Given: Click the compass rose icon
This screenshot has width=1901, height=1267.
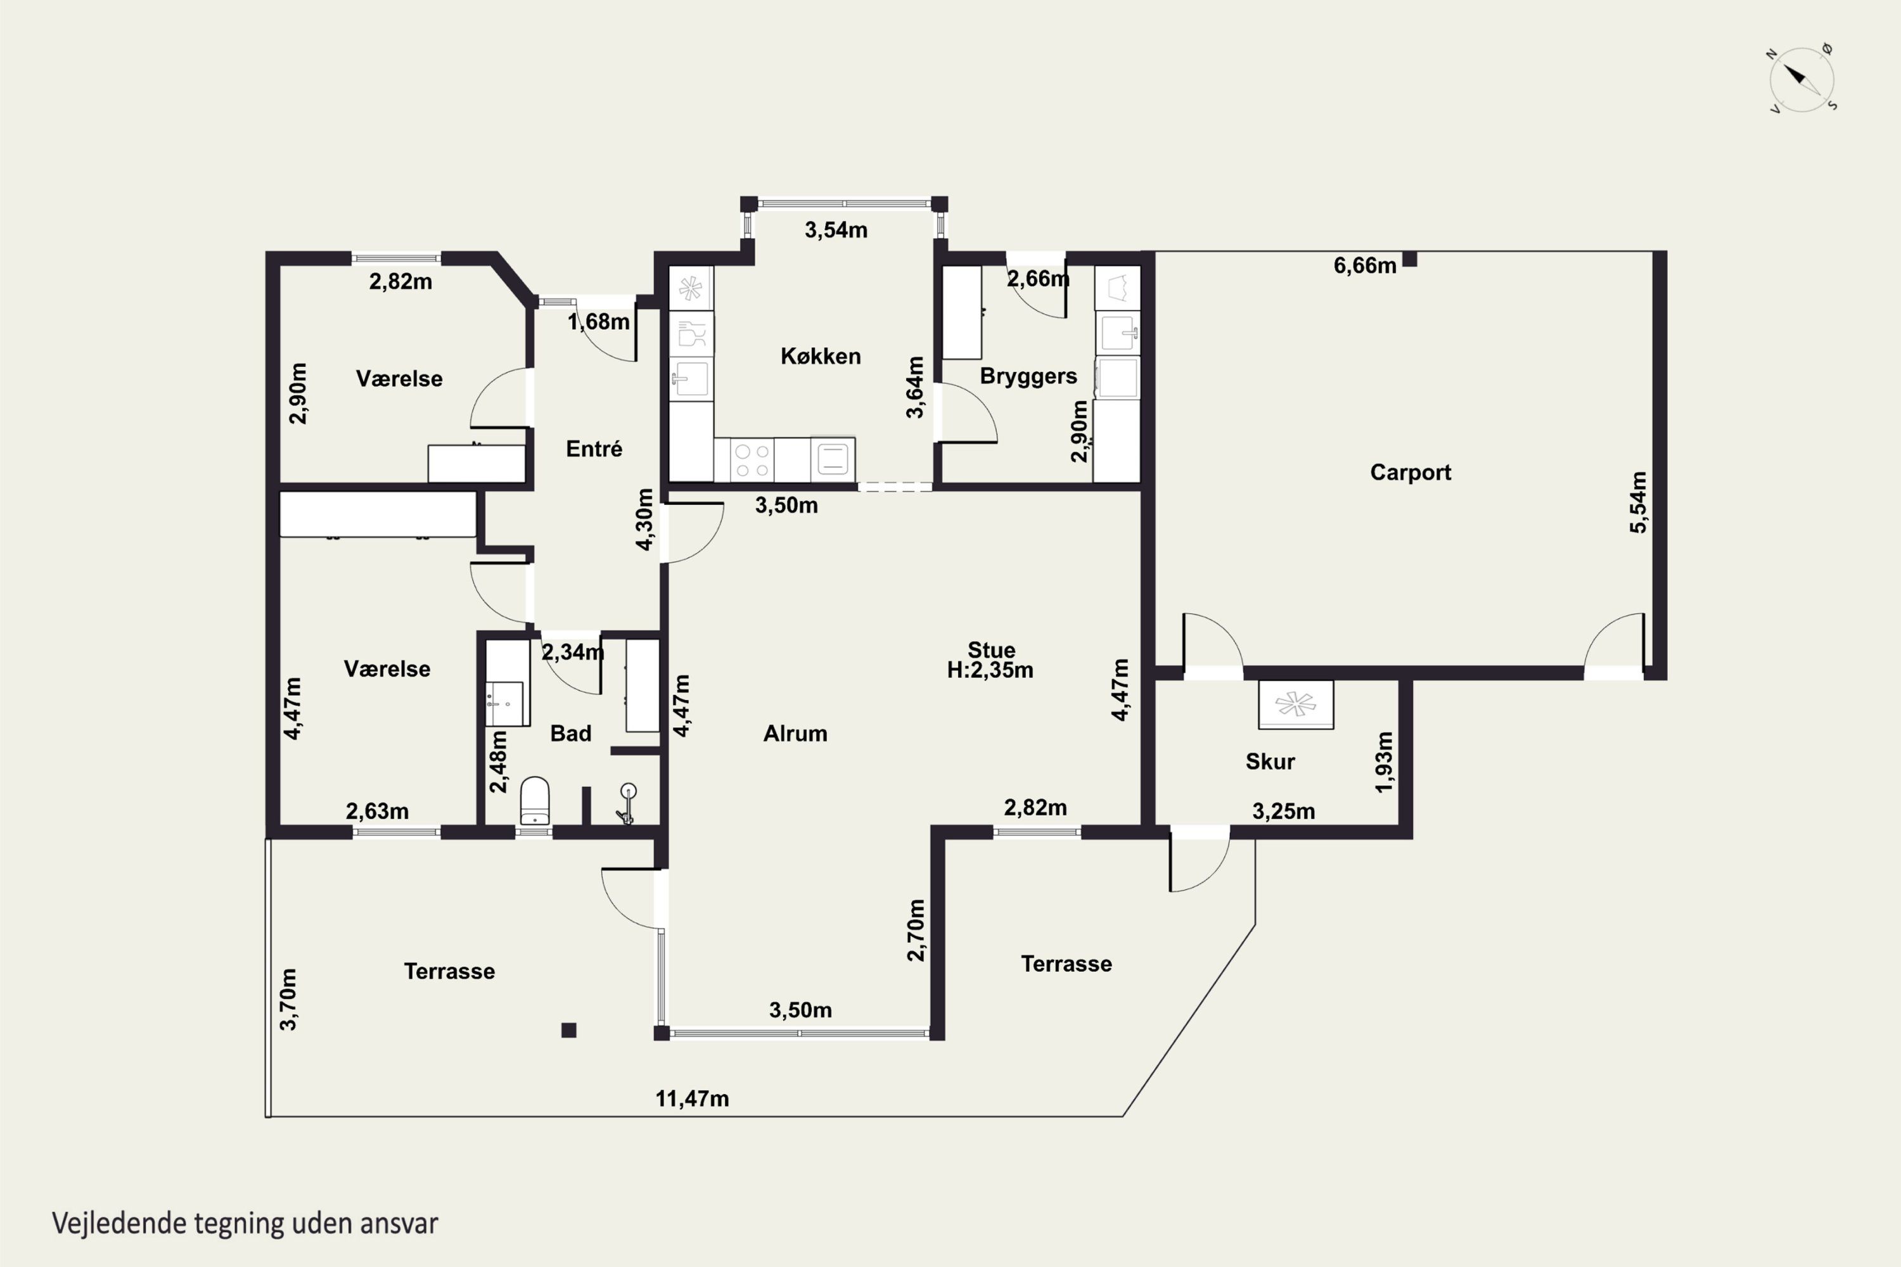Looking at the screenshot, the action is (1801, 79).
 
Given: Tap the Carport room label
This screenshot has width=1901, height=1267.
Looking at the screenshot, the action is (1411, 472).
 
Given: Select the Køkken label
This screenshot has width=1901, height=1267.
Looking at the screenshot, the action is (821, 355).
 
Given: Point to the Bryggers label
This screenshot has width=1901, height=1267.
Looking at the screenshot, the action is (1028, 376).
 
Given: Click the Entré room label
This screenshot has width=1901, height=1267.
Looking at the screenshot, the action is (594, 449).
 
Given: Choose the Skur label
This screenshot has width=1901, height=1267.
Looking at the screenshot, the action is (1270, 761).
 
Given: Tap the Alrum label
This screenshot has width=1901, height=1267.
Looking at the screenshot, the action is (795, 733).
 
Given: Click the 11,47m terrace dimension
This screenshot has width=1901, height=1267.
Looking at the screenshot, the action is (692, 1099).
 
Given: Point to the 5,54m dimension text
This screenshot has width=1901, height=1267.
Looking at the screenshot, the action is (1637, 502).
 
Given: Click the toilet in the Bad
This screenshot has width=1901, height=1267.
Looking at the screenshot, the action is (534, 801).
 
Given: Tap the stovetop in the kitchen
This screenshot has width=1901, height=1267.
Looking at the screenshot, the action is (752, 460).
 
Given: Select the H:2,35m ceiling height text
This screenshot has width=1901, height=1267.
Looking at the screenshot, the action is (990, 670).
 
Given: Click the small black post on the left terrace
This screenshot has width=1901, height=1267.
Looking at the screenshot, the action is (569, 1030).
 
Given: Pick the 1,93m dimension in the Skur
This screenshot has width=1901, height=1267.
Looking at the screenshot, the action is (1384, 762).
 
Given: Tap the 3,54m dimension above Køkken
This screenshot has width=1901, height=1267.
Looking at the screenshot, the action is (836, 231).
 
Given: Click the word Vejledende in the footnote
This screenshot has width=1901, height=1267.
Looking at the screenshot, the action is (120, 1224).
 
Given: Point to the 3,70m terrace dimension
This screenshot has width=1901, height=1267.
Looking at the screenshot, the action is (288, 999).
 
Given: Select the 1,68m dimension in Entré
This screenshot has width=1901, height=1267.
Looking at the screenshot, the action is (598, 322).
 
